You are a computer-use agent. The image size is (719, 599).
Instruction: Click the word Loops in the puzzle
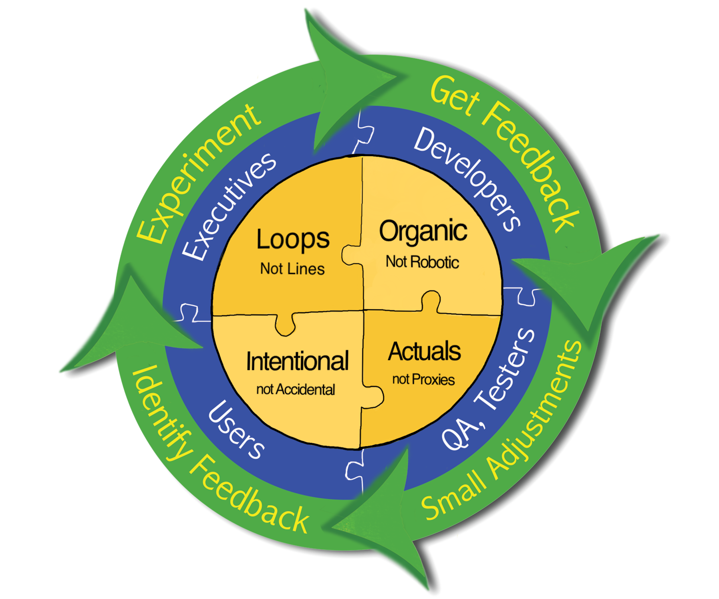(x=293, y=240)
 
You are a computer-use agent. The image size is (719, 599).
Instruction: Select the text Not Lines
(x=292, y=269)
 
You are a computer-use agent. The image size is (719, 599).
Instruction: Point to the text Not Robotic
(x=422, y=262)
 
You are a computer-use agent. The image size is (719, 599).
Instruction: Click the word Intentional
(x=297, y=361)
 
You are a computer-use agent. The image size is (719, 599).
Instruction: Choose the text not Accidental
(x=296, y=389)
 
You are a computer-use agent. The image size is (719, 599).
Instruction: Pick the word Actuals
(x=424, y=351)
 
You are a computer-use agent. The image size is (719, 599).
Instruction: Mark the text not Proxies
(x=423, y=379)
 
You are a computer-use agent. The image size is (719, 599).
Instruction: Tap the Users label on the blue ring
(x=236, y=430)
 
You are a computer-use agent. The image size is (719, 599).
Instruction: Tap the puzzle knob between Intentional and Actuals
(x=373, y=397)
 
